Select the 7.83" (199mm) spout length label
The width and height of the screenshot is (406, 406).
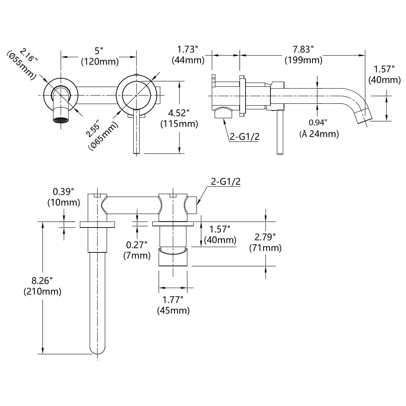pyautogui.click(x=303, y=55)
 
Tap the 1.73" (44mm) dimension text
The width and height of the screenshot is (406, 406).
pyautogui.click(x=188, y=55)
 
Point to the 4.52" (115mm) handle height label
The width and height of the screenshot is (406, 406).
pyautogui.click(x=179, y=118)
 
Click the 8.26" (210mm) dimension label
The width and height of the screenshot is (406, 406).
pyautogui.click(x=42, y=286)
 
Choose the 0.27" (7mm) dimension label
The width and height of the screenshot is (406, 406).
pyautogui.click(x=137, y=250)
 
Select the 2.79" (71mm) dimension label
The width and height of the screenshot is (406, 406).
pyautogui.click(x=265, y=242)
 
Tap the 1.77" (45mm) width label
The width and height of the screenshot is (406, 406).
pyautogui.click(x=173, y=305)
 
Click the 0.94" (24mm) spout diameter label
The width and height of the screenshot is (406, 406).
pyautogui.click(x=319, y=128)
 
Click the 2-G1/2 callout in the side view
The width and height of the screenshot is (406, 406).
pyautogui.click(x=244, y=137)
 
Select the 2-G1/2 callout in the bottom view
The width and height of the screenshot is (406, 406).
pyautogui.click(x=226, y=182)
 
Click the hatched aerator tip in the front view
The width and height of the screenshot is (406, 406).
pyautogui.click(x=61, y=120)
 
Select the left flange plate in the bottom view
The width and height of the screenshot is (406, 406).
pyautogui.click(x=97, y=224)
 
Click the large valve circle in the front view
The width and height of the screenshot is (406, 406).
pyautogui.click(x=136, y=95)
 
